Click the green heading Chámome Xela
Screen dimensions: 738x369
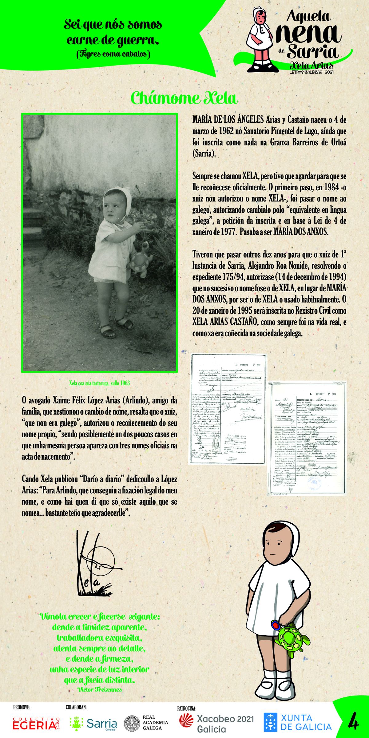(184, 98)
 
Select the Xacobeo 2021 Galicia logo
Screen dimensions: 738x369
(217, 723)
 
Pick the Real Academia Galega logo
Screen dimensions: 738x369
(146, 723)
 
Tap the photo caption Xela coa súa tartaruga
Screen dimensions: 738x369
(99, 383)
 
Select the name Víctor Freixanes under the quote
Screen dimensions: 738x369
(100, 689)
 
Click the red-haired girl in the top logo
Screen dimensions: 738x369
(260, 38)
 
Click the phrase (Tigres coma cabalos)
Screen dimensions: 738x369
(113, 54)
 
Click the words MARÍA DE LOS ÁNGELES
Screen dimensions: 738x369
(228, 120)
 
